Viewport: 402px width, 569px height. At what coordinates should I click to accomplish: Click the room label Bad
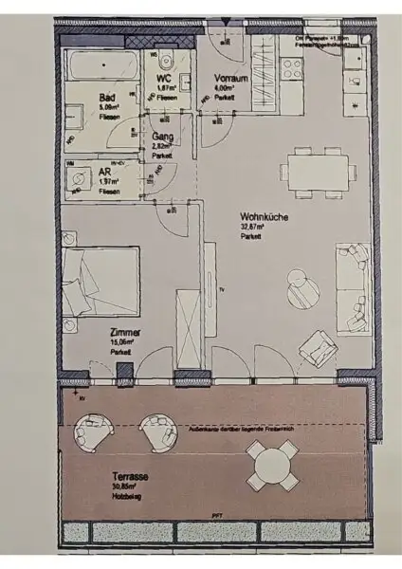(107, 97)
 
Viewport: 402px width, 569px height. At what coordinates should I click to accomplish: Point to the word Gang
(162, 137)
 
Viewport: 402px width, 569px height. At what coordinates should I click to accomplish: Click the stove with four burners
(290, 69)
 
